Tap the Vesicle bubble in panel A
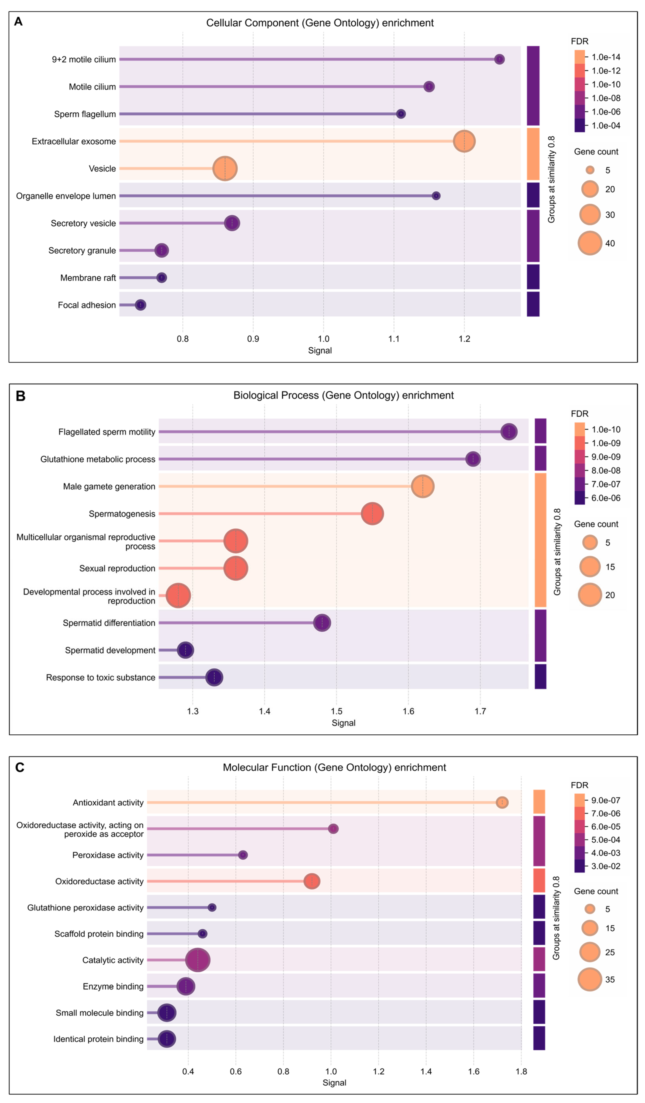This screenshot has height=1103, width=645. (x=225, y=169)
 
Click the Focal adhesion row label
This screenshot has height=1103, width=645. (x=87, y=305)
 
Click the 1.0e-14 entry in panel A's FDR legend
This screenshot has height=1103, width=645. (x=606, y=57)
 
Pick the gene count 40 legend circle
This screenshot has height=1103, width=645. (x=590, y=243)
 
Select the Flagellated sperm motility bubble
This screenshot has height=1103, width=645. (x=509, y=432)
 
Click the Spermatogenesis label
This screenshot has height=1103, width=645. (x=122, y=514)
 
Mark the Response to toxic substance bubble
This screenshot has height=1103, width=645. (x=214, y=678)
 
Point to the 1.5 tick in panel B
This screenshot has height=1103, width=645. (x=336, y=711)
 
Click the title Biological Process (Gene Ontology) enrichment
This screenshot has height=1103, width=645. (x=343, y=395)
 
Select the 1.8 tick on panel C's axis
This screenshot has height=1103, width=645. (x=521, y=1072)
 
